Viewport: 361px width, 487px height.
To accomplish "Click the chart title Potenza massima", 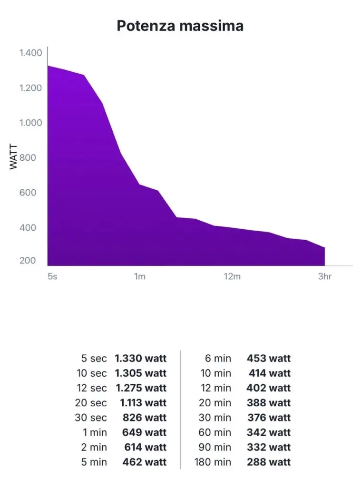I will (180, 26).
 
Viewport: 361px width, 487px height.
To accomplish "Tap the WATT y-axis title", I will (13, 157).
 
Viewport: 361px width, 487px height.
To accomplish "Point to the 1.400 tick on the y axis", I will (31, 53).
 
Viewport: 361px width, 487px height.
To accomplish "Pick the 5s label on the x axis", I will (52, 277).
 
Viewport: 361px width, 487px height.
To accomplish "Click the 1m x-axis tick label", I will (139, 277).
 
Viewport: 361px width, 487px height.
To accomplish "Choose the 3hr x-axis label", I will (324, 277).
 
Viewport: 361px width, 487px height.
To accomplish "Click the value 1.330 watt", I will (141, 359).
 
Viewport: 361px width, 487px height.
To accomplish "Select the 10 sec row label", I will (92, 373).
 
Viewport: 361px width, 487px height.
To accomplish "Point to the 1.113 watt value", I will (143, 403).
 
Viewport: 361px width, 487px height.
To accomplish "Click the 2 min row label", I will (94, 447).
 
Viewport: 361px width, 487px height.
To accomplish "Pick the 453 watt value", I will (268, 359).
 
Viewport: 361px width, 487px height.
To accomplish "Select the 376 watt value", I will (269, 418).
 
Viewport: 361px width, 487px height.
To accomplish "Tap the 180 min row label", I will (213, 462).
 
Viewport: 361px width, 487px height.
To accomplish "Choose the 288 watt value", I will (268, 462).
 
